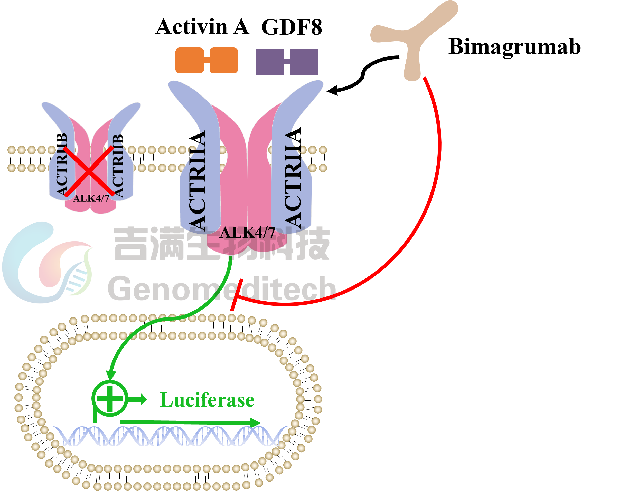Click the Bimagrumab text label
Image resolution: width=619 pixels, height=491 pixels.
(x=514, y=47)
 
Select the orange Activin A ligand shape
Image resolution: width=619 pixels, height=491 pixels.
(x=207, y=60)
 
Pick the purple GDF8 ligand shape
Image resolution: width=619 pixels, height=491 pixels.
(x=287, y=62)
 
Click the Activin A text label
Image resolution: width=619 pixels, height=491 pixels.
(x=202, y=27)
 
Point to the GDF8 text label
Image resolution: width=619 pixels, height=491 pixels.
(x=292, y=27)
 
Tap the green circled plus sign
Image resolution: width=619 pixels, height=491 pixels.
(x=110, y=399)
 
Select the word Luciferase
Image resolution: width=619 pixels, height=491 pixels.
(x=207, y=400)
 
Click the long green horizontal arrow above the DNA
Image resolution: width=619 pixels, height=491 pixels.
(x=190, y=422)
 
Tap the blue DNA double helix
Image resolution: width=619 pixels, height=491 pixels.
(x=170, y=436)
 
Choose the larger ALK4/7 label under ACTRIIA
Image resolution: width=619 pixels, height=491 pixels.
(x=248, y=233)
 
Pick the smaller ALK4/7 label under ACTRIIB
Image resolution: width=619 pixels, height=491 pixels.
(x=91, y=198)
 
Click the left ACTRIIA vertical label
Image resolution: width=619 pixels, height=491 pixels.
(x=198, y=180)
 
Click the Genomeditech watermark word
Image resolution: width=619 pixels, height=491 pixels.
(x=222, y=288)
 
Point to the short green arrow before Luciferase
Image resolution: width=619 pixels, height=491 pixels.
(x=137, y=399)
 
